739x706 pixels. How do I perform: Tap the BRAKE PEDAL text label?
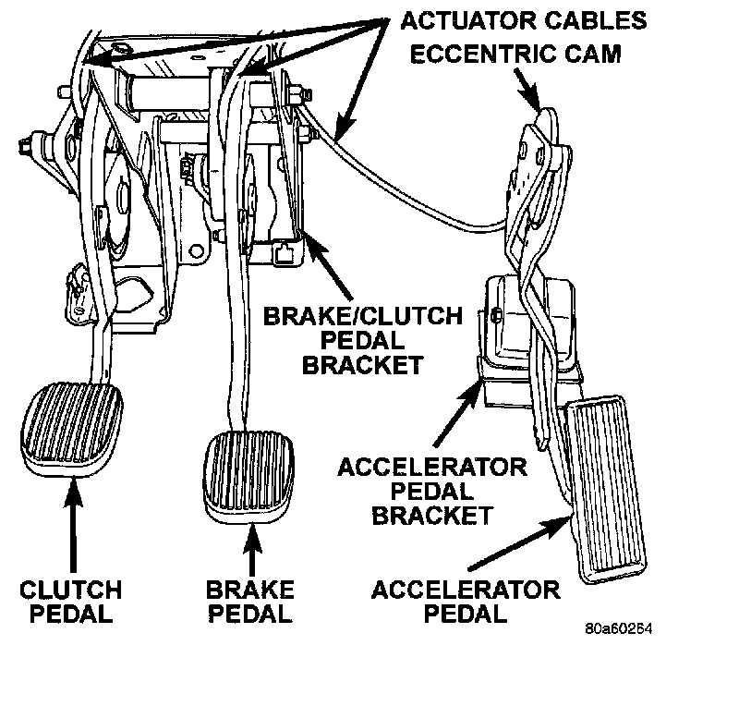tap(250, 601)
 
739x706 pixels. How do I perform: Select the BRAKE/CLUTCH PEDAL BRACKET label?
tap(362, 340)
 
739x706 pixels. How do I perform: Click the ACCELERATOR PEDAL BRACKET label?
tap(431, 490)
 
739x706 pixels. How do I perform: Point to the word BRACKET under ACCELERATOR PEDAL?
tap(431, 515)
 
